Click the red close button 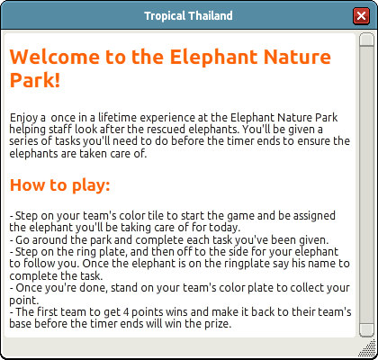coord(361,15)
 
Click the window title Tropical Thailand coord(188,15)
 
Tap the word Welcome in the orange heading coord(55,57)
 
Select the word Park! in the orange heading coord(35,80)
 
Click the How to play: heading coord(60,185)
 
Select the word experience coord(167,118)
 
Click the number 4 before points coord(126,312)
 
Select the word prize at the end coord(220,324)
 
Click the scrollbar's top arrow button coord(366,39)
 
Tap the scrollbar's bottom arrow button coord(366,330)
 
